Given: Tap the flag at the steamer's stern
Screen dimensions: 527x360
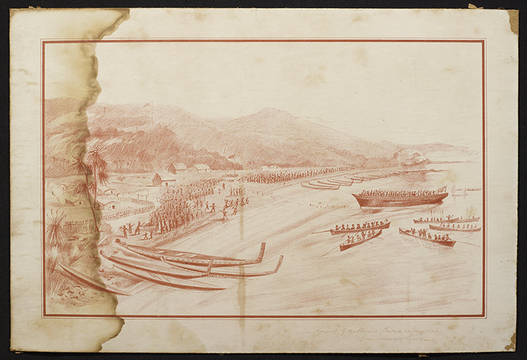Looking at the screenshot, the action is click(x=443, y=190).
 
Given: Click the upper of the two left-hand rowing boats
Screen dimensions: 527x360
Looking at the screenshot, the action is click(x=359, y=228).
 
